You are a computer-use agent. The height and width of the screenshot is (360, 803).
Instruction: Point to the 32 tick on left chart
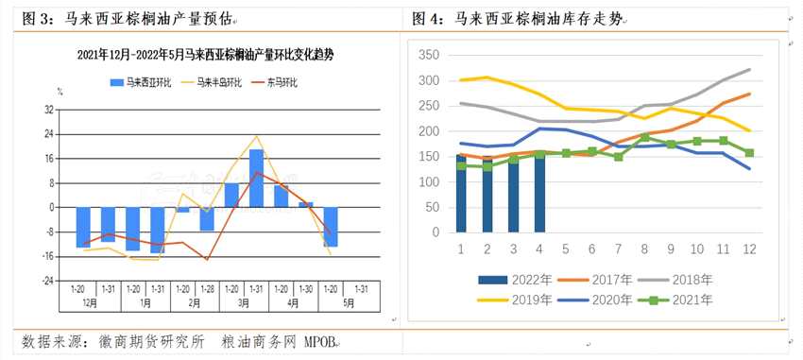pos(50,109)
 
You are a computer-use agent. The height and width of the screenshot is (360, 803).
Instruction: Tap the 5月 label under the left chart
pos(348,302)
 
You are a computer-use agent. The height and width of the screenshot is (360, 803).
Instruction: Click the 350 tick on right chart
pos(428,55)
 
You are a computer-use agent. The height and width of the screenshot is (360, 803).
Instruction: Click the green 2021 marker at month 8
pos(644,138)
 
